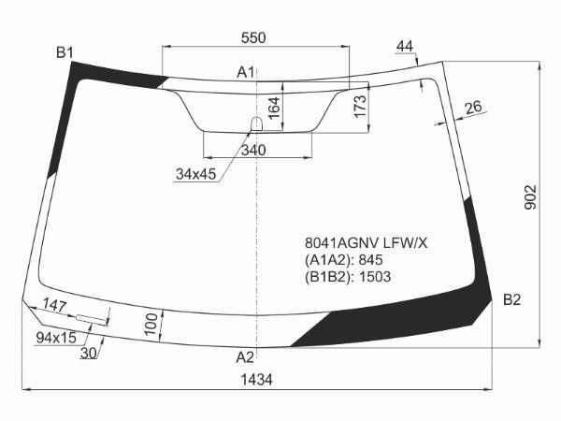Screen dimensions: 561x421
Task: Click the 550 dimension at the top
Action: [x=253, y=37]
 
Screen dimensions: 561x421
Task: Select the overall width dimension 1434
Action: [x=256, y=380]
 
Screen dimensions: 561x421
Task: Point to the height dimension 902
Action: [x=530, y=197]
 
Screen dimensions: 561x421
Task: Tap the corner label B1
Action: [x=65, y=53]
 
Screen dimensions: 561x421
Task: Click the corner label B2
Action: [x=511, y=299]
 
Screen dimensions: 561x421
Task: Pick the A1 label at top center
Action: [x=245, y=72]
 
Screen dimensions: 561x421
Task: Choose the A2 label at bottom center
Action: [x=245, y=357]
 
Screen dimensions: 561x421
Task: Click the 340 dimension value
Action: [x=253, y=151]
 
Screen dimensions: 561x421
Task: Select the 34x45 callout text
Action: [x=196, y=174]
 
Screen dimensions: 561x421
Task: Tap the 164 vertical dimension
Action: [x=274, y=108]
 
